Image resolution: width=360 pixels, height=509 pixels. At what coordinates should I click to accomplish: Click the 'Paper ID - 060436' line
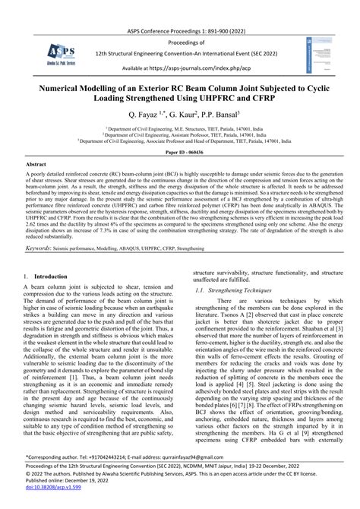click(180, 173)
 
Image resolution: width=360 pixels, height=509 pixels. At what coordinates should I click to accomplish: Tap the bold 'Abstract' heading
click(36, 186)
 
